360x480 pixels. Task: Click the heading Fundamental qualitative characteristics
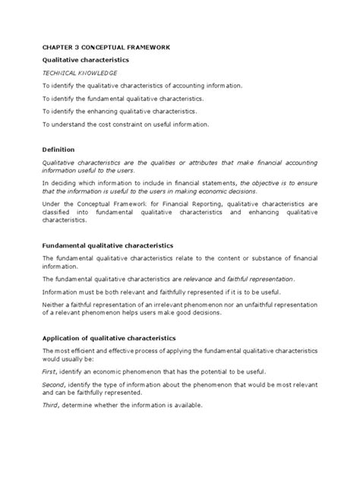(x=107, y=246)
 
